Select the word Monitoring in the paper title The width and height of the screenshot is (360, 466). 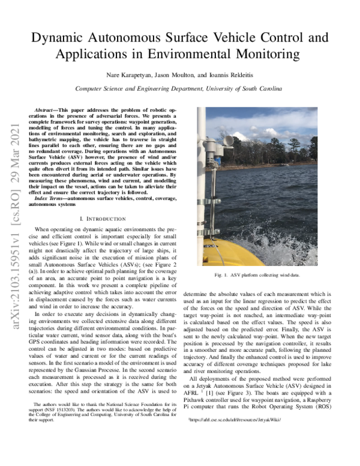264,55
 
